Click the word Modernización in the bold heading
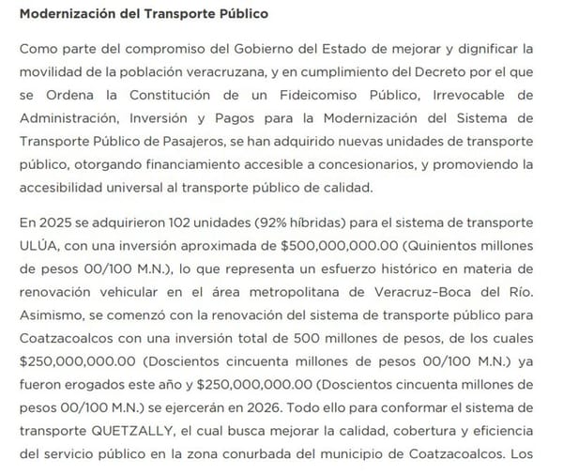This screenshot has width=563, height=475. (63, 15)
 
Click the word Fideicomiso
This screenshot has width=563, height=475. (298, 95)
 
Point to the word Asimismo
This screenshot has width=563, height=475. (51, 316)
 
